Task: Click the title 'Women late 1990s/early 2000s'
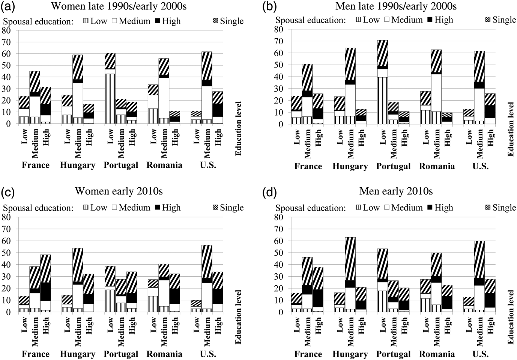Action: coord(119,6)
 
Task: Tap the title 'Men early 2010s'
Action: coord(396,191)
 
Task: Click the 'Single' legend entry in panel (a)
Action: coord(228,21)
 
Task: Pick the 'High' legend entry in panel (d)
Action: coord(440,208)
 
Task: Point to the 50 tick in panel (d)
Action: coord(279,253)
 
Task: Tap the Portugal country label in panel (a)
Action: coord(121,165)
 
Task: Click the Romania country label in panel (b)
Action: coord(437,166)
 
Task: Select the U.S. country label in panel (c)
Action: coord(208,354)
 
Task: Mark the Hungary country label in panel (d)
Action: coord(350,354)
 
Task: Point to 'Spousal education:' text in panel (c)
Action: coord(38,208)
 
